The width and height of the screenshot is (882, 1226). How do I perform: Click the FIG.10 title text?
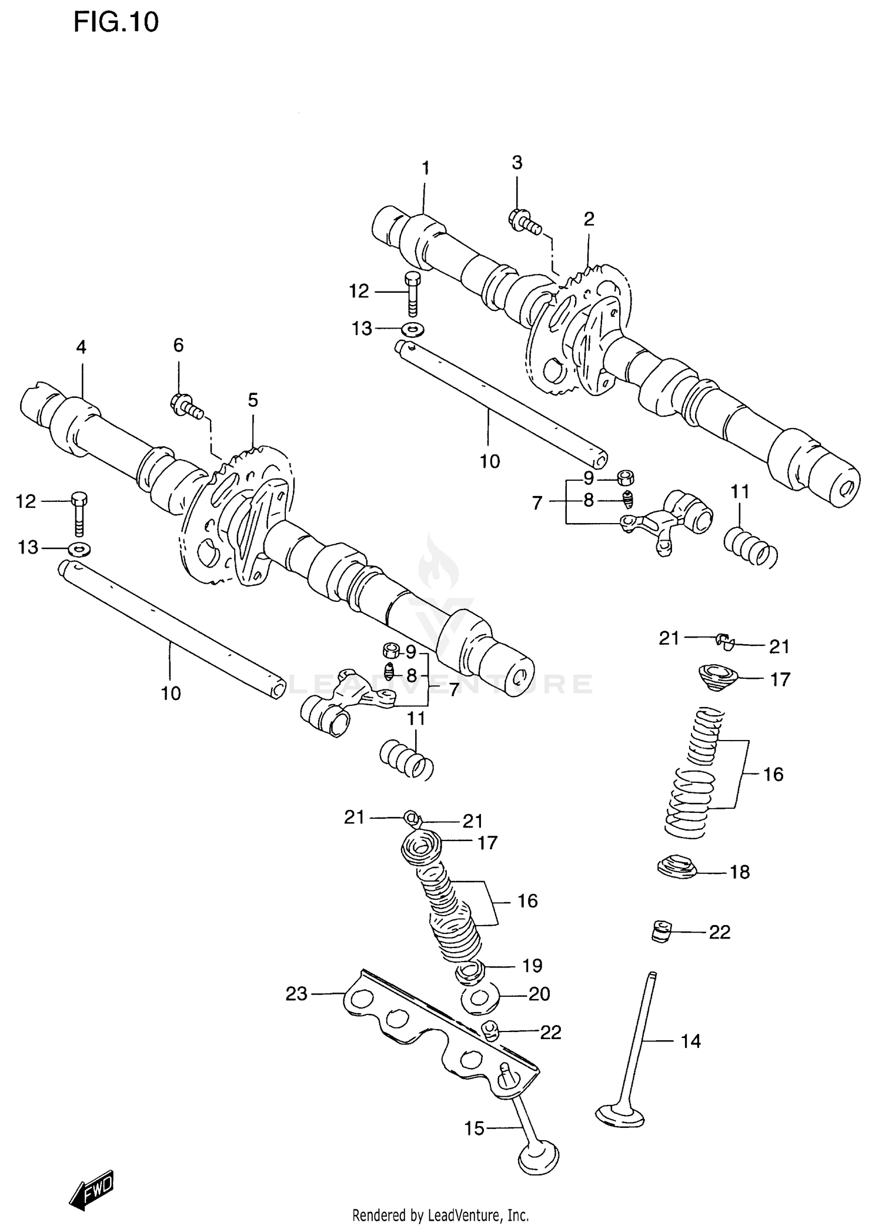tap(116, 22)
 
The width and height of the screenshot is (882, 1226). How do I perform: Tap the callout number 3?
tap(517, 163)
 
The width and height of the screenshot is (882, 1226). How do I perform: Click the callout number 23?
tap(296, 993)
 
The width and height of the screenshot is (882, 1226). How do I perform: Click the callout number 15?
tap(474, 1128)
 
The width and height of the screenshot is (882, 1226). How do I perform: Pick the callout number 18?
tap(740, 872)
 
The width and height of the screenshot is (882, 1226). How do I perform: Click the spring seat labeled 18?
tap(676, 866)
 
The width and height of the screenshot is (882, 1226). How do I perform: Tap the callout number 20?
tap(539, 993)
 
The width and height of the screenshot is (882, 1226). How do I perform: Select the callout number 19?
tap(532, 965)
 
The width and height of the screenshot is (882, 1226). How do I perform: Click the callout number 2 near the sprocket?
tap(589, 219)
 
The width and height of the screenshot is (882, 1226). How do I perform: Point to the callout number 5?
tap(252, 400)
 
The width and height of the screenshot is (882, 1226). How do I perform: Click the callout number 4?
tap(81, 347)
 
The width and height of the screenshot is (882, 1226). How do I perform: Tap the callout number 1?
tap(425, 168)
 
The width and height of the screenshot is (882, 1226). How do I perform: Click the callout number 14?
tap(690, 1041)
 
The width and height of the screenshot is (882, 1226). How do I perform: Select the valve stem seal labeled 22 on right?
tap(661, 932)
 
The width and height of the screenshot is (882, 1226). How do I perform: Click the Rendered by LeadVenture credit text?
tap(440, 1214)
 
